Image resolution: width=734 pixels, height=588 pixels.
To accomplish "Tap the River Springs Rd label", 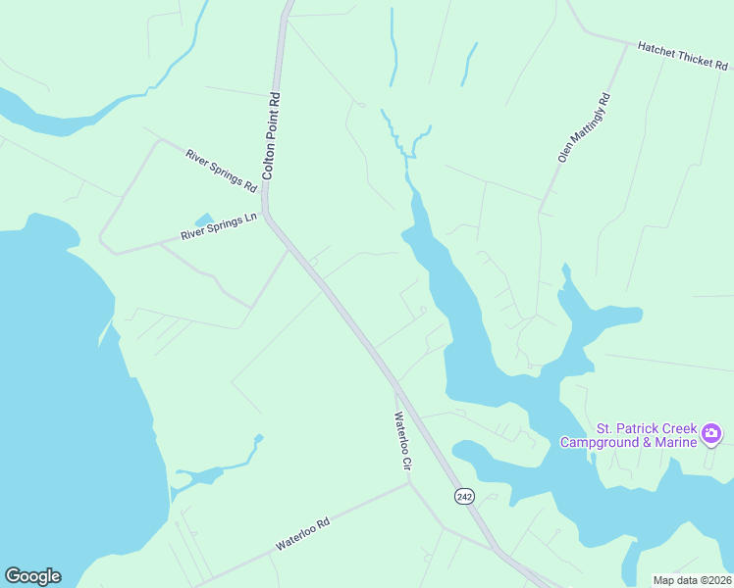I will [221, 170].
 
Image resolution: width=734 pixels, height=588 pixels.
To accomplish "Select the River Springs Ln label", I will [218, 228].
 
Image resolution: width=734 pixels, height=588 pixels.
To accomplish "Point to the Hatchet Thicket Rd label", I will [682, 55].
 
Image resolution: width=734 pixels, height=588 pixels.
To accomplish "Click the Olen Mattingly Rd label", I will [584, 128].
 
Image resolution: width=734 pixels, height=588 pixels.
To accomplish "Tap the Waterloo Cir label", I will [400, 442].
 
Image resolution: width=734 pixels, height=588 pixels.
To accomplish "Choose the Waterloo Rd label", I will [302, 535].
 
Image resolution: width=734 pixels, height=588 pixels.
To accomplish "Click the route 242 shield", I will [464, 497].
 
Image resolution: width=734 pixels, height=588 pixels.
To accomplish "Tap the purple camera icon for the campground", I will [712, 432].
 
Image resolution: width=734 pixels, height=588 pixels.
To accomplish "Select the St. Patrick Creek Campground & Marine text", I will [647, 436].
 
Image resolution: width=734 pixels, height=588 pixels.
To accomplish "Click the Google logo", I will [32, 576].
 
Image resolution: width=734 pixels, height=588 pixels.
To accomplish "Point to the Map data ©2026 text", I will [693, 580].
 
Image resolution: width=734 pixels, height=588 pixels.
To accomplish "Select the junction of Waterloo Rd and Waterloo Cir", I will [408, 482].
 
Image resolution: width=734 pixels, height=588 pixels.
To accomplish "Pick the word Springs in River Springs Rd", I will [224, 171].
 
